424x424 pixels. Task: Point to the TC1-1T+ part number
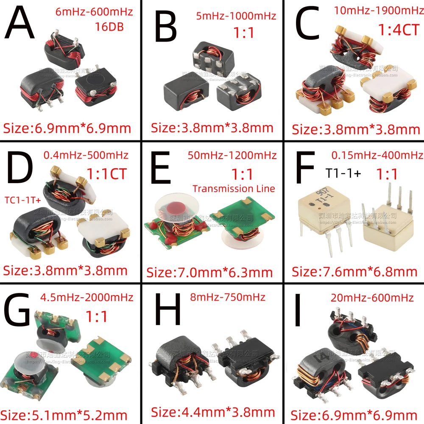[x=22, y=199]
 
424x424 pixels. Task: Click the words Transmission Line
[x=234, y=189]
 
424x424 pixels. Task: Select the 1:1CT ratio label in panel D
[x=106, y=174]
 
